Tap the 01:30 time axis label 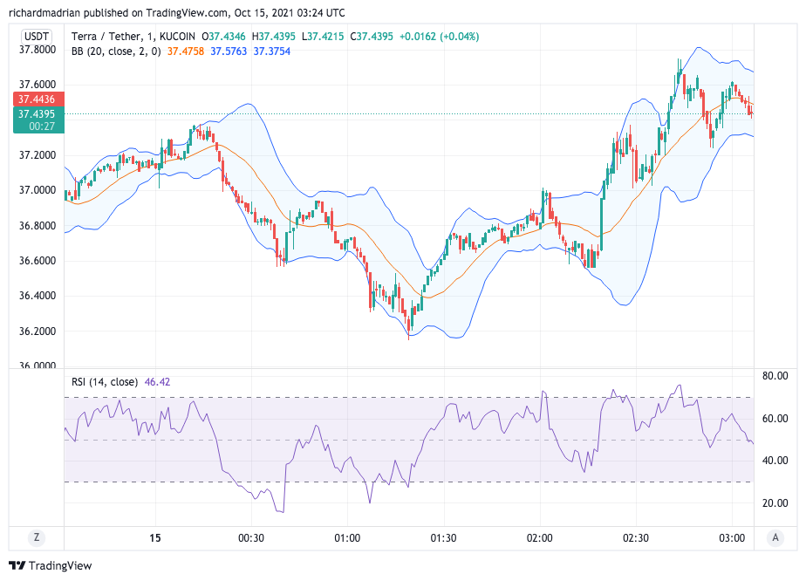click(x=443, y=538)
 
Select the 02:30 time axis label click(x=636, y=538)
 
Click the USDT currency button click(x=36, y=36)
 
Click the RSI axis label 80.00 click(x=775, y=376)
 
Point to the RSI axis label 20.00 click(x=775, y=503)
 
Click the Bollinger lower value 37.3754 click(x=272, y=51)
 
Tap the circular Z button click(x=36, y=537)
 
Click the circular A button click(x=775, y=537)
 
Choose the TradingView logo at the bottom click(x=50, y=565)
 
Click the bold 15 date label click(x=156, y=538)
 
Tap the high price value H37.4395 click(x=277, y=36)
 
